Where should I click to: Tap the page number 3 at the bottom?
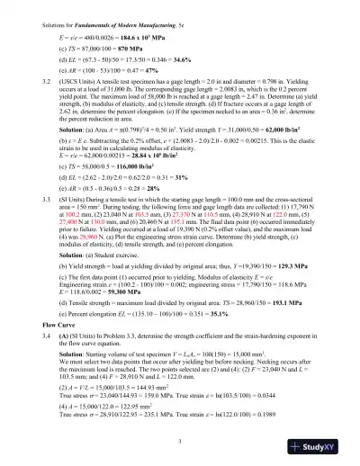point(180,440)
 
